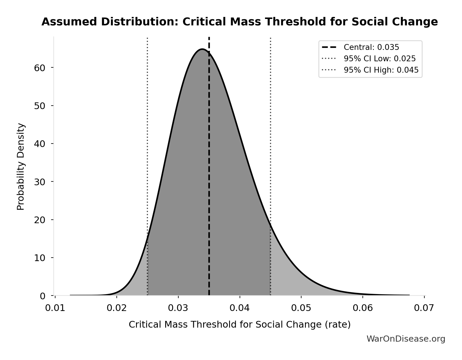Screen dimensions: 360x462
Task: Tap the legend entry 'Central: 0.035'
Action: pyautogui.click(x=371, y=47)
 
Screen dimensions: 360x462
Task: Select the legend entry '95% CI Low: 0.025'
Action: pyautogui.click(x=379, y=59)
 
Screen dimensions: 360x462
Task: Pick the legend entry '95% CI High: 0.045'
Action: pyautogui.click(x=381, y=70)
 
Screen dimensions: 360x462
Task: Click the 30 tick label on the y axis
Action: pyautogui.click(x=40, y=182)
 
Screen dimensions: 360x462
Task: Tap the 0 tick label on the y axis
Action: pyautogui.click(x=43, y=296)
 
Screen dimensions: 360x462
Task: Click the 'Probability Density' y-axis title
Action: pyautogui.click(x=21, y=166)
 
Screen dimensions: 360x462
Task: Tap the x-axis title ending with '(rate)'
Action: pyautogui.click(x=240, y=324)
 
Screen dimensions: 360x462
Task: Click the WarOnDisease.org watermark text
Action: pyautogui.click(x=406, y=339)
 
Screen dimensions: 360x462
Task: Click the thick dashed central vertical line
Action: pyautogui.click(x=209, y=175)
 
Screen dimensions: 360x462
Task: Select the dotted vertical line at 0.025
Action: pyautogui.click(x=147, y=131)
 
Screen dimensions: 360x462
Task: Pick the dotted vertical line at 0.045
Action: pyautogui.click(x=271, y=131)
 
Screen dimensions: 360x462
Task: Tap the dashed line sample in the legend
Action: pyautogui.click(x=329, y=47)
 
